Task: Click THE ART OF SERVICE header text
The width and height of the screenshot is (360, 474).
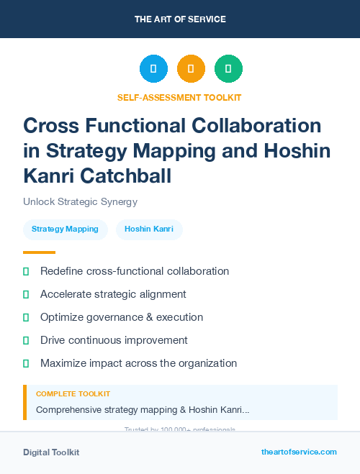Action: point(180,19)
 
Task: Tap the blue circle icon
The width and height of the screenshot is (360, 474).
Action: point(153,69)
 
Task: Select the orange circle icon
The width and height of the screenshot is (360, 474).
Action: point(191,69)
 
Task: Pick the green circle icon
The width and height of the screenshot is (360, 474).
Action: point(228,69)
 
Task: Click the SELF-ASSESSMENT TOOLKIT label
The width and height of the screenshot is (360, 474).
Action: point(180,97)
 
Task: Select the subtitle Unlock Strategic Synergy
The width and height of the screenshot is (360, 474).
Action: point(80,201)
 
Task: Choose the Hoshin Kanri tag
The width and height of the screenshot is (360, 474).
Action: point(149,229)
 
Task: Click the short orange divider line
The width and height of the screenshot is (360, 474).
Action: point(39,252)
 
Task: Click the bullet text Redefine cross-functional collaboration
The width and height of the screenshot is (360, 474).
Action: point(135,271)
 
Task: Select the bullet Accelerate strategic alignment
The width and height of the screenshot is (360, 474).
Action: point(113,294)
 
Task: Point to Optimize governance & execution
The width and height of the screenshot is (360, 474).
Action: point(122,317)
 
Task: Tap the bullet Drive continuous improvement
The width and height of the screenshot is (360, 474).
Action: point(114,340)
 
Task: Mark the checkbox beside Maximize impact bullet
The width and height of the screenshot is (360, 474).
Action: point(26,363)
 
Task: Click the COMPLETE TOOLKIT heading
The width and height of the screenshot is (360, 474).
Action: point(73,394)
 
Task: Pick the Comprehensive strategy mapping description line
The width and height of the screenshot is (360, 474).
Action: point(143,409)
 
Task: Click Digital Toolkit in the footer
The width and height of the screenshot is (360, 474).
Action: point(51,452)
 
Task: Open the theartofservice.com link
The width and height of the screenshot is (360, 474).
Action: point(299,452)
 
